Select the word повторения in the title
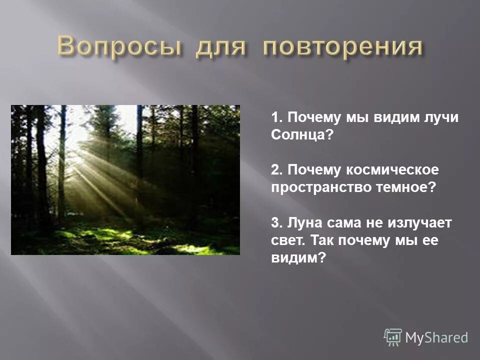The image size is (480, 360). pyautogui.click(x=343, y=47)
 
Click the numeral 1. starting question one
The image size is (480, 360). pyautogui.click(x=276, y=118)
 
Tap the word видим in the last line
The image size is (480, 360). pyautogui.click(x=295, y=257)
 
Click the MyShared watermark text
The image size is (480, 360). pyautogui.click(x=436, y=338)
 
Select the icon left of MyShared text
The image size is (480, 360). pyautogui.click(x=393, y=337)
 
